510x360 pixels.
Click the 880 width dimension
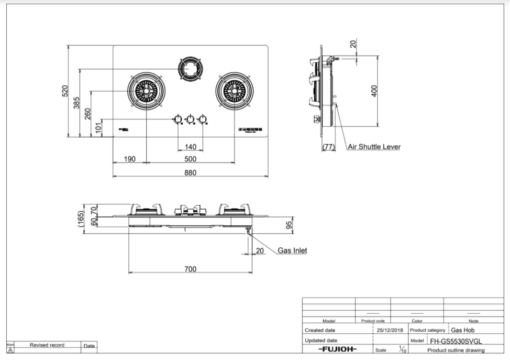point(191,173)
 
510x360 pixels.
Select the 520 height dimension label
point(65,91)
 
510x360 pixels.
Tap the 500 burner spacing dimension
point(190,159)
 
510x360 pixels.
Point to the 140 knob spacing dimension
point(191,147)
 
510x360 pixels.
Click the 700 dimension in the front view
point(190,269)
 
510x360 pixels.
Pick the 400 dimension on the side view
point(374,91)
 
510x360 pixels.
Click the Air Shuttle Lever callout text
point(374,147)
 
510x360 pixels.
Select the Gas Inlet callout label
point(292,250)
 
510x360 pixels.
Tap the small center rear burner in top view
point(190,69)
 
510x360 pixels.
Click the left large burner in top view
point(146,91)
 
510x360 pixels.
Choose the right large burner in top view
point(234,91)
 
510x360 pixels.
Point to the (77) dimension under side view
point(328,147)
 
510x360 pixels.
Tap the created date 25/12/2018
point(390,330)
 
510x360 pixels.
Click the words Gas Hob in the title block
point(463,330)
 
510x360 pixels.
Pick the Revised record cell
point(47,345)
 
